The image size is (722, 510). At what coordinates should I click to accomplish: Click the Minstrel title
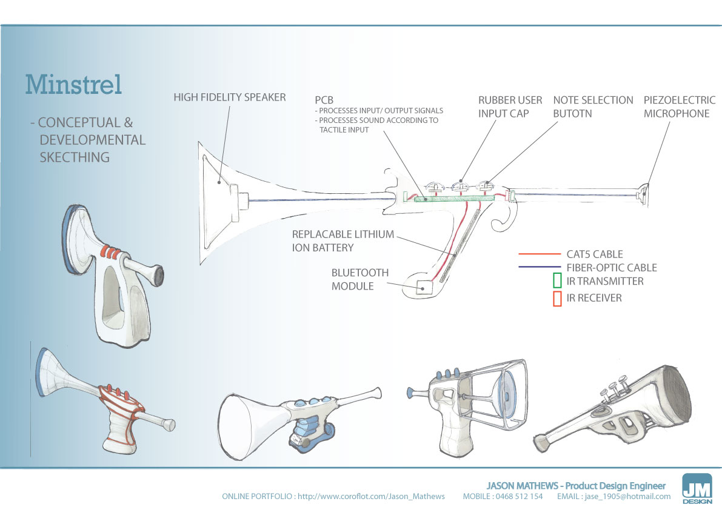click(x=73, y=85)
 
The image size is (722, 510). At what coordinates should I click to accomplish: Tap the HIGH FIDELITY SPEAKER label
click(x=230, y=97)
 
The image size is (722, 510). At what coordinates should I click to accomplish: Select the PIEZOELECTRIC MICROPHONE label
click(x=679, y=107)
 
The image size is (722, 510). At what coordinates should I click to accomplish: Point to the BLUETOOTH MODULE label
click(x=360, y=279)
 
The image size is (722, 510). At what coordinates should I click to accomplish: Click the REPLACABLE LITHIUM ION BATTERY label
click(x=343, y=240)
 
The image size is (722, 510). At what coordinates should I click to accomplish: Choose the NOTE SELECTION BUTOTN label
click(x=593, y=107)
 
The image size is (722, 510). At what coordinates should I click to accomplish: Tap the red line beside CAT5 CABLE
click(x=540, y=254)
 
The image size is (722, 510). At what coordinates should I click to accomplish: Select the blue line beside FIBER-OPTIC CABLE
click(x=540, y=267)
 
